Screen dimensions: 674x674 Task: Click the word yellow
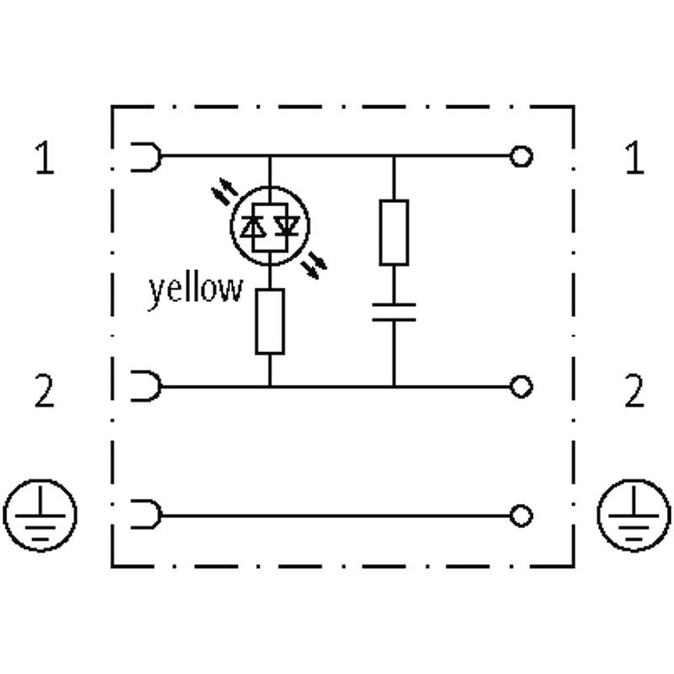tap(195, 291)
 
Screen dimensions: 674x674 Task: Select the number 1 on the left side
tap(45, 158)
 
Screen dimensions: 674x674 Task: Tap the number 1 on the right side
tap(634, 158)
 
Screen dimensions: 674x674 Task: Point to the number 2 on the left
tap(45, 390)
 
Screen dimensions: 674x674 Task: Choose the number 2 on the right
tap(634, 390)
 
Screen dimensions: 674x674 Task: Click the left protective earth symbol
tap(40, 515)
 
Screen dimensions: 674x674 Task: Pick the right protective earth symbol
tap(634, 515)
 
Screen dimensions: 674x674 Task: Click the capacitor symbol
tap(393, 312)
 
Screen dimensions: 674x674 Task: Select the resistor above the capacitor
tap(393, 233)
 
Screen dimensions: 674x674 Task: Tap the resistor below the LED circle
tap(270, 322)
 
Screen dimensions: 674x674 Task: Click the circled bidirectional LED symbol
tap(270, 226)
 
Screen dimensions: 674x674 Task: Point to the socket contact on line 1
tap(146, 157)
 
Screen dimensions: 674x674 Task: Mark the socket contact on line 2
tap(146, 386)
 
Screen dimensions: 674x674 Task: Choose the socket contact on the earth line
tap(146, 514)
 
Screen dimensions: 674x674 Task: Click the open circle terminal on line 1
tap(521, 156)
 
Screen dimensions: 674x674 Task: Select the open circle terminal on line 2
tap(521, 387)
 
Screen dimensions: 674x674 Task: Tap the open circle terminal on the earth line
tap(521, 516)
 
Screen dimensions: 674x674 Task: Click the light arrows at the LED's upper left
tap(224, 190)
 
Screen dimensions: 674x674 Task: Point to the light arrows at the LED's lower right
tap(313, 266)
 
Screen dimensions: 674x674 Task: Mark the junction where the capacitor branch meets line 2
tap(393, 387)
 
